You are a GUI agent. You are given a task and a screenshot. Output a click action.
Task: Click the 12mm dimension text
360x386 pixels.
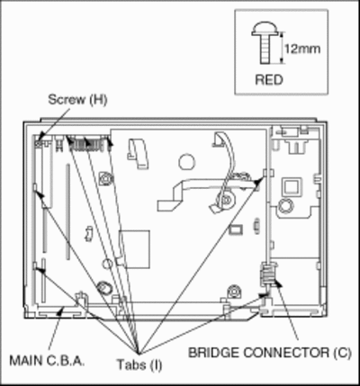pos(302,49)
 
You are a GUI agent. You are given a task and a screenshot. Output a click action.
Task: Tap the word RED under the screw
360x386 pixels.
pos(269,80)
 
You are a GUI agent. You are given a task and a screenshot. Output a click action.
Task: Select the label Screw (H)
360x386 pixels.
pos(77,100)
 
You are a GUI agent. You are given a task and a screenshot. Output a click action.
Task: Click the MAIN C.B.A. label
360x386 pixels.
pos(47,361)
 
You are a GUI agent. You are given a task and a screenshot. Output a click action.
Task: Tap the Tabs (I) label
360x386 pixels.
pos(139,365)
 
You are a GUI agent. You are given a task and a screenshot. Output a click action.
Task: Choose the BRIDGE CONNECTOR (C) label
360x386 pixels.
pos(269,353)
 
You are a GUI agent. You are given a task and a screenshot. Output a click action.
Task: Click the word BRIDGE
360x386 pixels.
pos(213,353)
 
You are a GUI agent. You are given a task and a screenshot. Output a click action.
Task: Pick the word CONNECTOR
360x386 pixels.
pos(286,353)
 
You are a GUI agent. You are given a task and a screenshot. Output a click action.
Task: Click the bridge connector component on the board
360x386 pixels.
pos(266,274)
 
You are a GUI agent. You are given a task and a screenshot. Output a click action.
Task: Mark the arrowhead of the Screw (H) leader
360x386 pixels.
pos(41,137)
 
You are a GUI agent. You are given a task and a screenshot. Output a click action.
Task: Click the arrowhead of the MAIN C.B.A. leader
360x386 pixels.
pos(61,310)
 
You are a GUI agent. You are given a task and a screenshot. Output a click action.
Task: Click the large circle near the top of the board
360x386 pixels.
pos(187,162)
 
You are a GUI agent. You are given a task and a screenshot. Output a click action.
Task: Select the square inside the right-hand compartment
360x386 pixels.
pos(292,186)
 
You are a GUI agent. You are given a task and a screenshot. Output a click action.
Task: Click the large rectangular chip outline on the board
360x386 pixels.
pos(134,249)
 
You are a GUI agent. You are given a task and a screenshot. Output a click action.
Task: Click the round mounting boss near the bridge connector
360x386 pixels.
pos(233,292)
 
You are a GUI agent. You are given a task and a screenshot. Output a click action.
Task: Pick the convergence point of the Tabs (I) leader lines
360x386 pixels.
pos(138,353)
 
